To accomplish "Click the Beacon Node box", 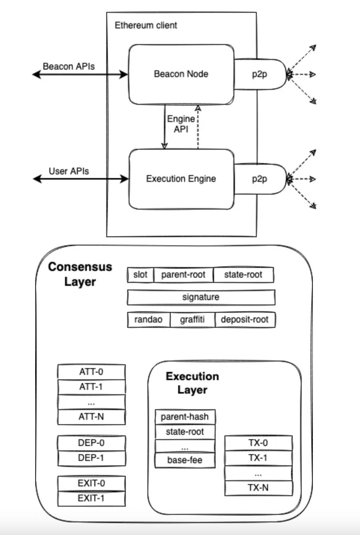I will pyautogui.click(x=181, y=74).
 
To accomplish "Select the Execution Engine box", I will pyautogui.click(x=181, y=179).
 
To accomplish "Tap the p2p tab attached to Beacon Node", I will pyautogui.click(x=260, y=74).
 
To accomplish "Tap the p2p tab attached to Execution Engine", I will pyautogui.click(x=260, y=179).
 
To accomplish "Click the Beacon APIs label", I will pyautogui.click(x=69, y=67).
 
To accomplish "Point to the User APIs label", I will pyautogui.click(x=69, y=171).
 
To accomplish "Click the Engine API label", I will pyautogui.click(x=181, y=124).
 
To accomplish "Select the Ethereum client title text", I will pyautogui.click(x=146, y=25).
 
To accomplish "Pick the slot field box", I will pyautogui.click(x=140, y=275).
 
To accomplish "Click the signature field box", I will pyautogui.click(x=201, y=297).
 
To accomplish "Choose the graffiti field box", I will pyautogui.click(x=192, y=320).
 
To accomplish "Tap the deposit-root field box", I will pyautogui.click(x=245, y=320).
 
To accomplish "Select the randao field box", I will pyautogui.click(x=149, y=320).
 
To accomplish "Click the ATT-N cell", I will pyautogui.click(x=91, y=417).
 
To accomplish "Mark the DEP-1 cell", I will pyautogui.click(x=91, y=458).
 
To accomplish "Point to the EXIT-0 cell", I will pyautogui.click(x=91, y=483).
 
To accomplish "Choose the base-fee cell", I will pyautogui.click(x=185, y=460).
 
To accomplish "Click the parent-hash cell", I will pyautogui.click(x=185, y=417).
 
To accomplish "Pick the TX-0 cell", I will pyautogui.click(x=258, y=443).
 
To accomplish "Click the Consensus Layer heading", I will pyautogui.click(x=80, y=274).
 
